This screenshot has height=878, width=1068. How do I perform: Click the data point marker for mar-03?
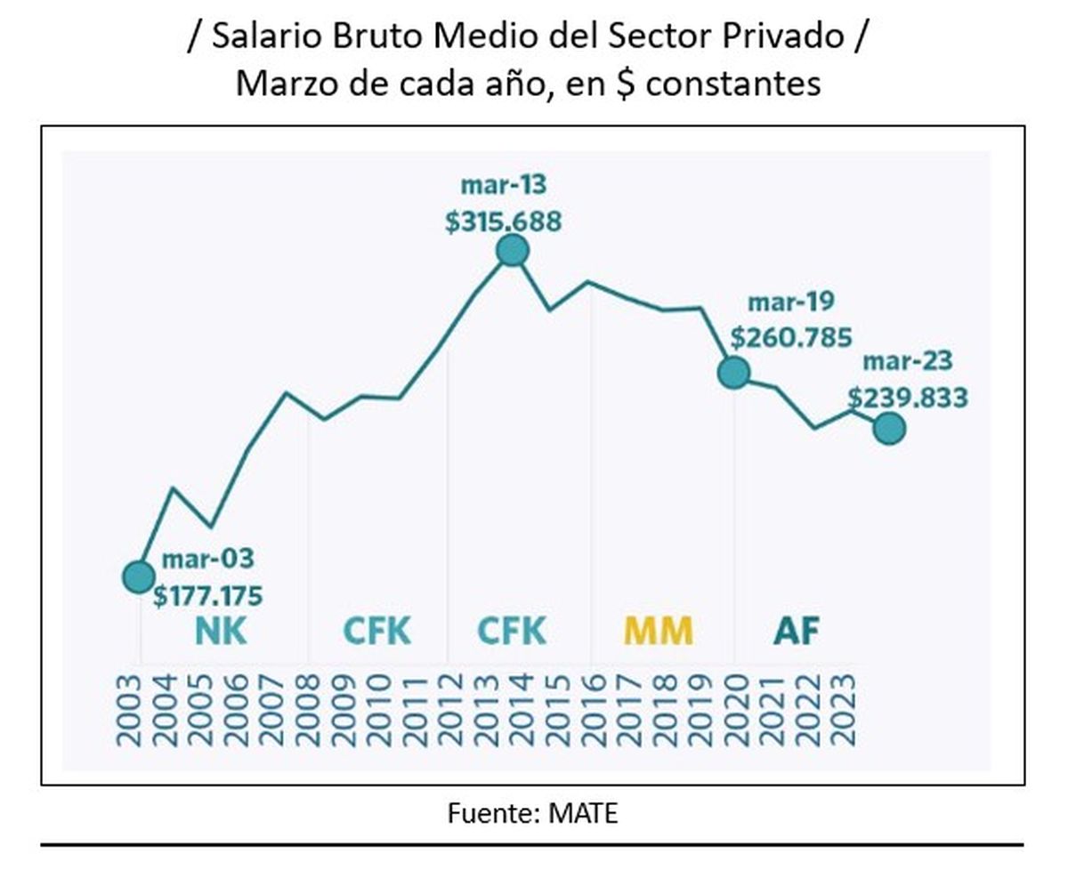[x=138, y=577]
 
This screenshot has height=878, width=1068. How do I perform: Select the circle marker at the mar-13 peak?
[x=512, y=251]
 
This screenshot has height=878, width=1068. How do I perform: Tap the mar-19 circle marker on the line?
[x=733, y=373]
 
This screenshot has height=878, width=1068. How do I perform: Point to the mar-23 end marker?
[x=889, y=429]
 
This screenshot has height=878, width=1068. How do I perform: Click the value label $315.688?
[x=504, y=222]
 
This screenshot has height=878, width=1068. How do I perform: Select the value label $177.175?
[x=207, y=595]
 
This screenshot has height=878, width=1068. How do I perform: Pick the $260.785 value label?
[x=791, y=338]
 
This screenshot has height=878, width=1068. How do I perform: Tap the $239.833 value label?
[x=907, y=398]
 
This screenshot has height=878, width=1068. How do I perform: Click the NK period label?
[x=221, y=632]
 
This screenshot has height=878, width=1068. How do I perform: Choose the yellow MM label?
[x=658, y=632]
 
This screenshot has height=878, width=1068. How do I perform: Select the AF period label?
[x=796, y=632]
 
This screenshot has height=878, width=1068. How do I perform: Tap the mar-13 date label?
[x=503, y=186]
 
